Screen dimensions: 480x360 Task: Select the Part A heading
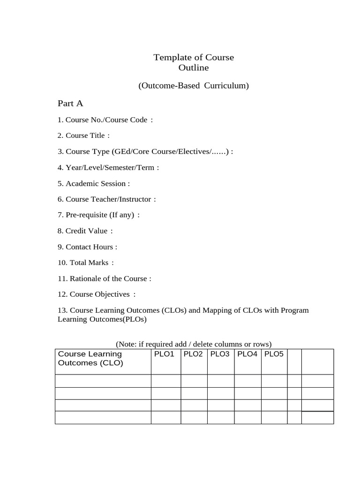click(70, 104)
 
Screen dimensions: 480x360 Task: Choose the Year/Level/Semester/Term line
click(108, 167)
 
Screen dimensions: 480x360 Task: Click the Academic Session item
click(94, 183)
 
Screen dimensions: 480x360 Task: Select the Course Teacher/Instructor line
click(106, 199)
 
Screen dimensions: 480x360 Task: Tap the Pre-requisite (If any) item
click(98, 215)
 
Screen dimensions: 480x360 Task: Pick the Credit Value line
click(85, 231)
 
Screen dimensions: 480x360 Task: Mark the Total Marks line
click(85, 262)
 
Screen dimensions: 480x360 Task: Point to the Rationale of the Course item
click(104, 278)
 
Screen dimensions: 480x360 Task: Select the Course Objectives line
click(97, 294)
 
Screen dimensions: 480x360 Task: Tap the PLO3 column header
click(220, 354)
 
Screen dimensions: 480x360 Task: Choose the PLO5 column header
click(274, 354)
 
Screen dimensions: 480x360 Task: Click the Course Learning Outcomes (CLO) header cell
click(90, 359)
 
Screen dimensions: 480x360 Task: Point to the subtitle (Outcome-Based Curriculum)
click(193, 86)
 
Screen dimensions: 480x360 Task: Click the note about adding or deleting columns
click(194, 344)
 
